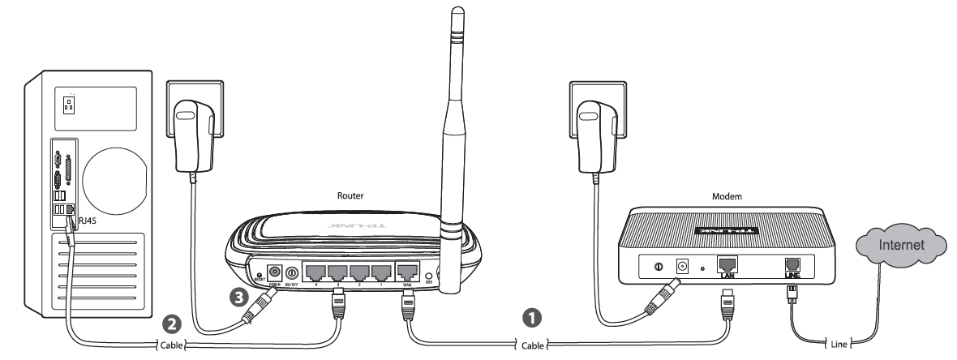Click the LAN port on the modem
727,264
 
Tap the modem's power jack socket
682,264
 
